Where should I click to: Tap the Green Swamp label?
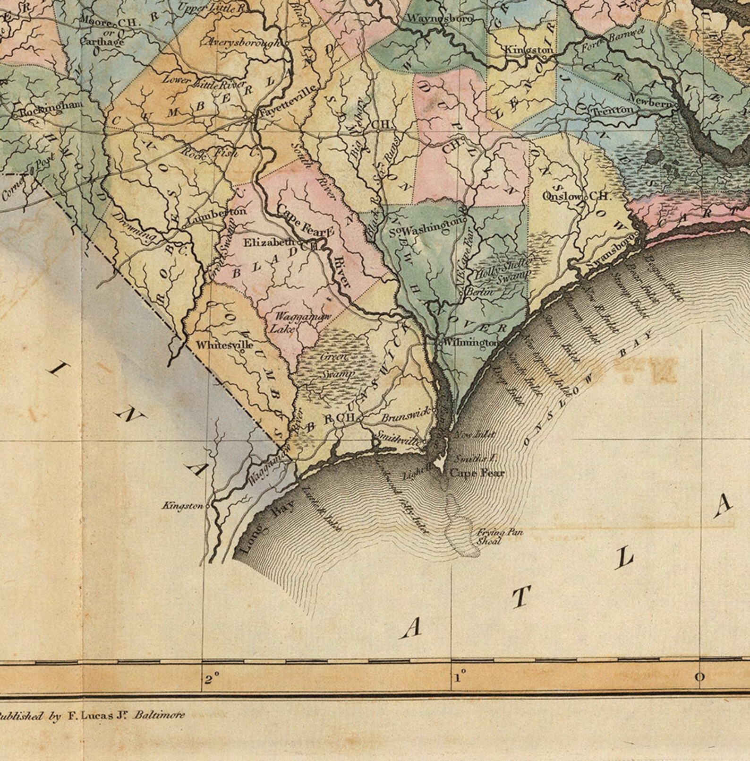tap(336, 366)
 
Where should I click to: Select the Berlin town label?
tap(479, 292)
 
